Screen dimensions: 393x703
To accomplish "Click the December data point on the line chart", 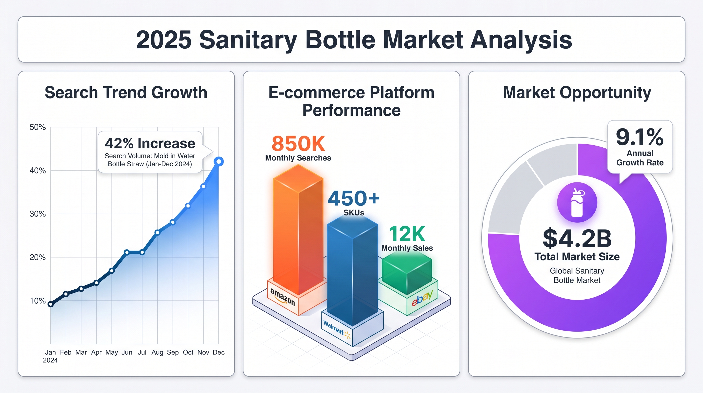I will click(x=219, y=161).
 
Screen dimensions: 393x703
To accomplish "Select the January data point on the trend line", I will click(x=51, y=304).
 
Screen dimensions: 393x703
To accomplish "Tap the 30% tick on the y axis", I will click(x=38, y=214).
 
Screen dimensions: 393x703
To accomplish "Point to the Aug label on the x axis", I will click(x=157, y=352).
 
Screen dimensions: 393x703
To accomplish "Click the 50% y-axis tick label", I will click(x=38, y=127).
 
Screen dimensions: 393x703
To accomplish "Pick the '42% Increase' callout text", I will click(x=150, y=143).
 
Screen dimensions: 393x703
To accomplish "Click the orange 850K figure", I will click(x=298, y=144).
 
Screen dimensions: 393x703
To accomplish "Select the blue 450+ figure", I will click(x=353, y=198).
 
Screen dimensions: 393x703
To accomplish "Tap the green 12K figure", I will click(x=407, y=234).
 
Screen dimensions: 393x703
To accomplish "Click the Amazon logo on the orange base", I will click(x=283, y=297).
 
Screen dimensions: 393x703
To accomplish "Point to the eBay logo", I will click(x=422, y=298).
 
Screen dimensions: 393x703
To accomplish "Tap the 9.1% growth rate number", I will click(x=639, y=137).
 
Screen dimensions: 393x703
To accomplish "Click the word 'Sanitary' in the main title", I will click(x=248, y=40).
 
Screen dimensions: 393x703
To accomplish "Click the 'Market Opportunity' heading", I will click(x=577, y=92).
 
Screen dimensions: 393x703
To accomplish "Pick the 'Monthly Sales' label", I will click(x=407, y=248).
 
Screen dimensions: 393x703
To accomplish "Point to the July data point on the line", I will click(x=142, y=252).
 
